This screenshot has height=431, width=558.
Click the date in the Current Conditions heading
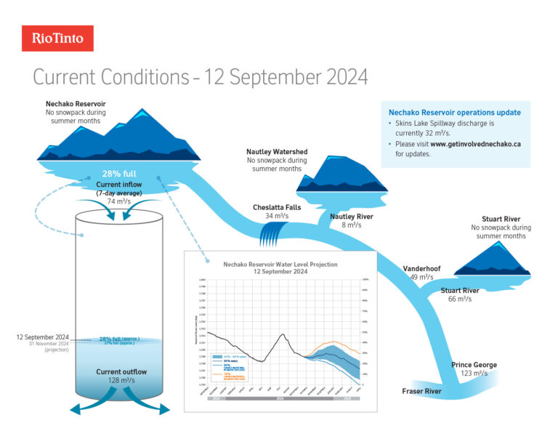[286, 76]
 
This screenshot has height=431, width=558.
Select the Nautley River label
[352, 217]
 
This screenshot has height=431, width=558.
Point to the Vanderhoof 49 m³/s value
[422, 277]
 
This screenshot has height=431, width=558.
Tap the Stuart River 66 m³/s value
[460, 299]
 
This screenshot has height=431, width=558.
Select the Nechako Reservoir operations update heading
[455, 113]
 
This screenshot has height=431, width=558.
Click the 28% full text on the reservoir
[120, 174]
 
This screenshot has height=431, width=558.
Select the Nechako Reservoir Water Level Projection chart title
[280, 265]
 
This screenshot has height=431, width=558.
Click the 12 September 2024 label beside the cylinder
[42, 337]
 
